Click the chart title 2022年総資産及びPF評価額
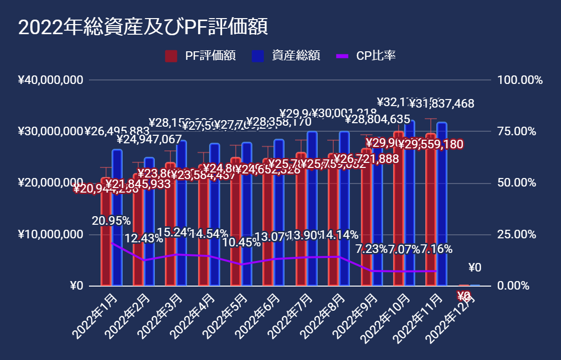[143, 27]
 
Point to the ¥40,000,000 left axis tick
[50, 80]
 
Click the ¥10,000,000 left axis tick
[50, 235]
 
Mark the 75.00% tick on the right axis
[519, 132]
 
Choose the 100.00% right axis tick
[519, 80]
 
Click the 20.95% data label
[111, 220]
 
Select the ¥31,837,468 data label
[441, 104]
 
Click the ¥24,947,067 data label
[149, 138]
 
